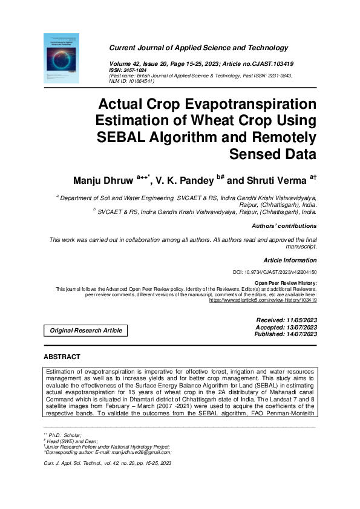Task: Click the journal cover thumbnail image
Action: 62,58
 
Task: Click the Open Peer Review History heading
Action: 285,283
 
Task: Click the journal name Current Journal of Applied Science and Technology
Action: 198,48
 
